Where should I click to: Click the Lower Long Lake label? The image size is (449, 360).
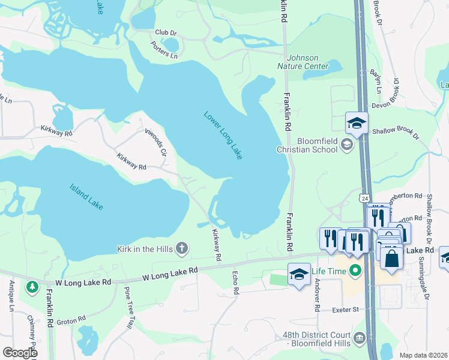point(223,136)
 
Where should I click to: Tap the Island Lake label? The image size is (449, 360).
point(86,197)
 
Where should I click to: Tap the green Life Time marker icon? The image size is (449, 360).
point(354,272)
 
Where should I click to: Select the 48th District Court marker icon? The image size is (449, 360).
point(360,338)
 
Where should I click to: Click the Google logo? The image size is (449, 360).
point(19,352)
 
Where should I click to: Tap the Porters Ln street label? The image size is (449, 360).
point(164,50)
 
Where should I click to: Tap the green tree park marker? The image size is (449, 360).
point(31,288)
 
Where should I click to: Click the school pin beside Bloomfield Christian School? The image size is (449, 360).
point(357,124)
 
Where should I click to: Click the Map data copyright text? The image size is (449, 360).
point(423,355)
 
